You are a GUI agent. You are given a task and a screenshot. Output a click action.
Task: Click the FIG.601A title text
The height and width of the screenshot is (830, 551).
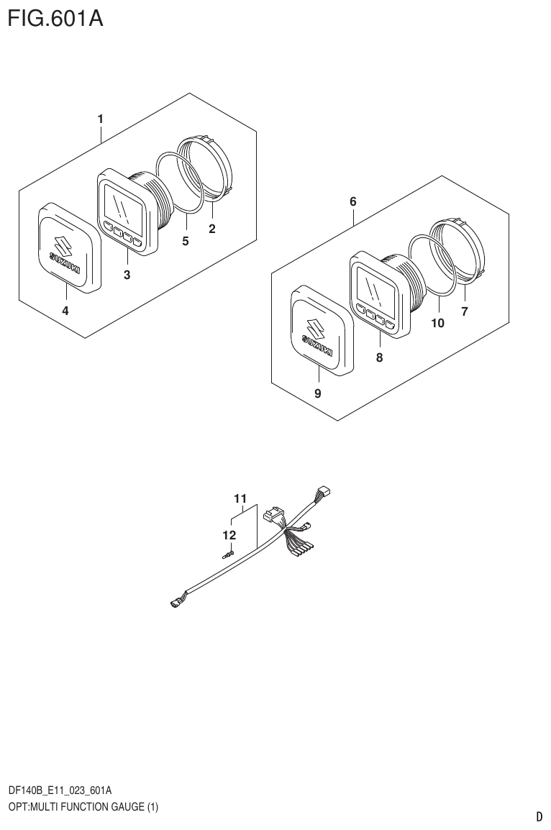click(55, 19)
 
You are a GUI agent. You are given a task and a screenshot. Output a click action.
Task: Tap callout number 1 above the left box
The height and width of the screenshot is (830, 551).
click(101, 118)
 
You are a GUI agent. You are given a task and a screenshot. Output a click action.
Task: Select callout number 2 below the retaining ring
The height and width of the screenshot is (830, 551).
click(212, 229)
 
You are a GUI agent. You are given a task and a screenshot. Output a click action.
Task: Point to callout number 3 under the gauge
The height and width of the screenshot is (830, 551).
click(127, 274)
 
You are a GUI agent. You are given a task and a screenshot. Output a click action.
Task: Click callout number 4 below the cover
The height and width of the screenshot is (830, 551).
click(65, 311)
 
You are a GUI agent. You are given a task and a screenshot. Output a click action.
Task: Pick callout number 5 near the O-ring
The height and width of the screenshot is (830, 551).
click(185, 242)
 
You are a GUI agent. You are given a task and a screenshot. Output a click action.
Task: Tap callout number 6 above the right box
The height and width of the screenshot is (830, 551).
click(352, 201)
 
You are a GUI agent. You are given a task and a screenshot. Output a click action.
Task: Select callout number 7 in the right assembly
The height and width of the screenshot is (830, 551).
click(465, 311)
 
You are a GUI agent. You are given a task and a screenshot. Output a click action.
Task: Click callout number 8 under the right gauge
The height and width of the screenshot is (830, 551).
click(379, 357)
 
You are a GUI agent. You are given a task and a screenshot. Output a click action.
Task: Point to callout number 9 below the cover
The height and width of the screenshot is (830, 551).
click(318, 393)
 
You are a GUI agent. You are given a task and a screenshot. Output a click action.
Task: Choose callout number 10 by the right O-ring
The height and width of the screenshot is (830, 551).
click(437, 324)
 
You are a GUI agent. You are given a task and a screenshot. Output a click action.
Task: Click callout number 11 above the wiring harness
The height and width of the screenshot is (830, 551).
click(240, 498)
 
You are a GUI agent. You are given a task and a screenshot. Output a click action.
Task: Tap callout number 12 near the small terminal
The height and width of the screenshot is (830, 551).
click(229, 534)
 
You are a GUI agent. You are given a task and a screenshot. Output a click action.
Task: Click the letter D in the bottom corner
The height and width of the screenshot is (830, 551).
click(539, 816)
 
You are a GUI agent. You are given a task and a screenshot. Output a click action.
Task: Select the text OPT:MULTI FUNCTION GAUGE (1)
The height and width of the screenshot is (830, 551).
click(83, 806)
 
